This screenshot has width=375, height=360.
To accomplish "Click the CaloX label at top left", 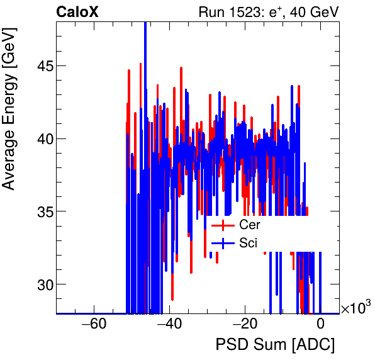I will (76, 12).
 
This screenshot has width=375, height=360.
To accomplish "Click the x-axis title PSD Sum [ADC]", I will (275, 345).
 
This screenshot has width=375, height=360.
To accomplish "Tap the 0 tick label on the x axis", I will (320, 324).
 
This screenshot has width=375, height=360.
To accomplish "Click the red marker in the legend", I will (223, 225).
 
